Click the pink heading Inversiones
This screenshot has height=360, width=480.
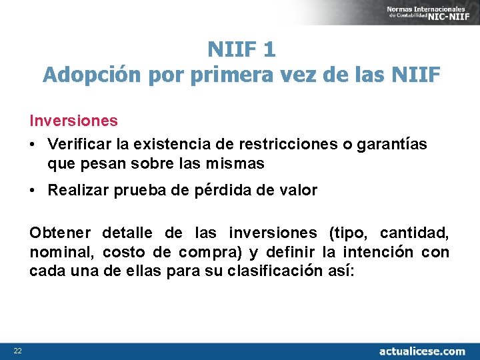click(73, 121)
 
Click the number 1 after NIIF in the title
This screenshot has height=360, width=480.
click(269, 49)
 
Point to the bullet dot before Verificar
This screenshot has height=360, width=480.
click(33, 145)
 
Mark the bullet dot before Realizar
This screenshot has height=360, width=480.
click(33, 191)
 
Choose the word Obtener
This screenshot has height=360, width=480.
click(61, 233)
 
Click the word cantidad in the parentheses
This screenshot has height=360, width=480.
click(414, 233)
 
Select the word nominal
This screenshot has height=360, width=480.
click(63, 252)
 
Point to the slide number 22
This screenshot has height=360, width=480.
click(18, 351)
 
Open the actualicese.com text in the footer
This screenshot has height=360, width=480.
click(422, 351)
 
